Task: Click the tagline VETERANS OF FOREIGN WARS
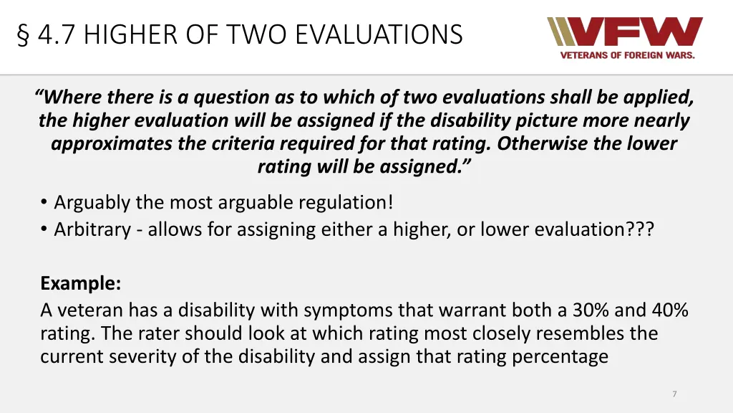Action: [627, 55]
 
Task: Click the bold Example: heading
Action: [80, 283]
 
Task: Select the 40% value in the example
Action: [669, 310]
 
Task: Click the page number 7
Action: [674, 394]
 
